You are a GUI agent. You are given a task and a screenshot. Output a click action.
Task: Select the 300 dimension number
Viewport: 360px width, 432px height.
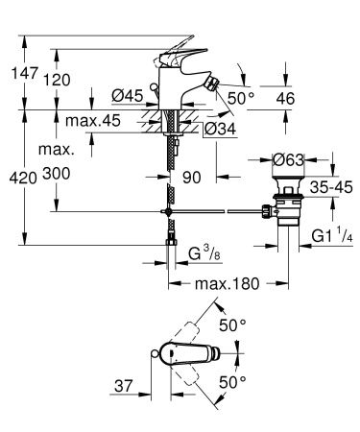point(61,176)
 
